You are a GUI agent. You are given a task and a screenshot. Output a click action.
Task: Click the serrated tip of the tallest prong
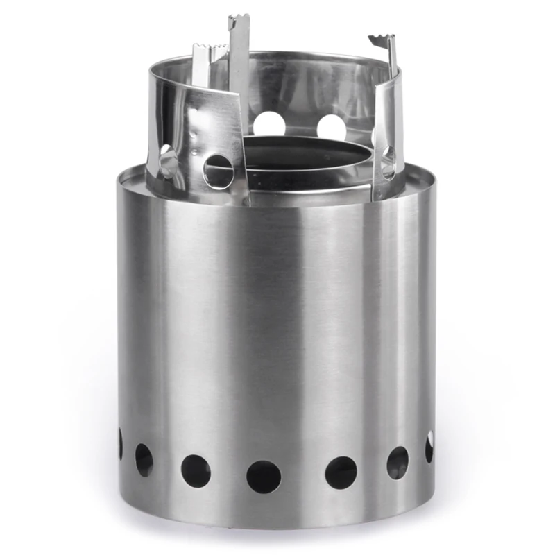(239, 21)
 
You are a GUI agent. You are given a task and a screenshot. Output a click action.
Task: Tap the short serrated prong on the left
(210, 51)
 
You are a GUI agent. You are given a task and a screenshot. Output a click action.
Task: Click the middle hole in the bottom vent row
(264, 477)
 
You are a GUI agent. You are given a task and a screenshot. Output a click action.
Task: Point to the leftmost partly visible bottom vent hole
(120, 444)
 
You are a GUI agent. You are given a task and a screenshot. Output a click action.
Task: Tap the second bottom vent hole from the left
(144, 459)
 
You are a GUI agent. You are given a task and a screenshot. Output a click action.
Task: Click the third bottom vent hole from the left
(196, 470)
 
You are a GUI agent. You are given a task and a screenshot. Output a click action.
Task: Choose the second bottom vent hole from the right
(398, 462)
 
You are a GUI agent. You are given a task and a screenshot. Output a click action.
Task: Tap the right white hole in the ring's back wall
(331, 128)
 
